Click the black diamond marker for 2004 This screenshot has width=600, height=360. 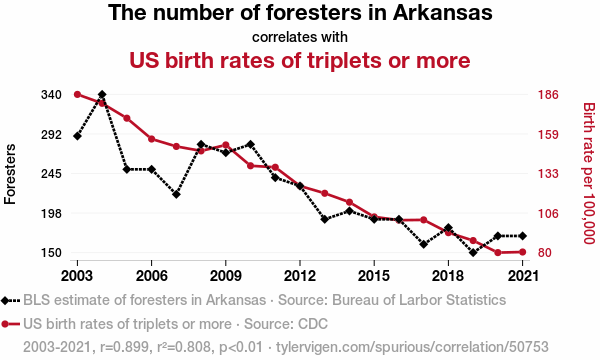pyautogui.click(x=102, y=94)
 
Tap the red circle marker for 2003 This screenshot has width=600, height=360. pyautogui.click(x=77, y=94)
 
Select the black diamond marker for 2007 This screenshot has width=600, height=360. pyautogui.click(x=176, y=194)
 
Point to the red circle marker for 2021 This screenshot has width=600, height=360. pyautogui.click(x=522, y=252)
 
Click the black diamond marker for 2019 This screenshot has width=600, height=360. pyautogui.click(x=473, y=252)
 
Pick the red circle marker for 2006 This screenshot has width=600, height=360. pyautogui.click(x=152, y=139)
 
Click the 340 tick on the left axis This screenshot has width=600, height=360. pyautogui.click(x=51, y=94)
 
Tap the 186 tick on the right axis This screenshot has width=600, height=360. pyautogui.click(x=548, y=94)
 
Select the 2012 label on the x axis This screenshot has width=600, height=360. pyautogui.click(x=300, y=275)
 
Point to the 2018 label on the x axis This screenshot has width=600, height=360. pyautogui.click(x=448, y=275)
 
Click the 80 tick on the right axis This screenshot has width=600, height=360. pyautogui.click(x=545, y=252)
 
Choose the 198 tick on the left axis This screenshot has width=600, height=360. pyautogui.click(x=51, y=213)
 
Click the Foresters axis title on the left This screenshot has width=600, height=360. pyautogui.click(x=10, y=174)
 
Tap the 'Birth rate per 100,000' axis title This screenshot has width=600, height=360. pyautogui.click(x=589, y=173)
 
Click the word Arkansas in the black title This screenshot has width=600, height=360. pyautogui.click(x=443, y=12)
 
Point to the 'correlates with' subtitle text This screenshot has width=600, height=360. pyautogui.click(x=300, y=37)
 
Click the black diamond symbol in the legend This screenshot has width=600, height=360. pyautogui.click(x=5, y=300)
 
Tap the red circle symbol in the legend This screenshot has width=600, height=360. pyautogui.click(x=5, y=324)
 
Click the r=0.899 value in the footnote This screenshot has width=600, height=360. pyautogui.click(x=124, y=347)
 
